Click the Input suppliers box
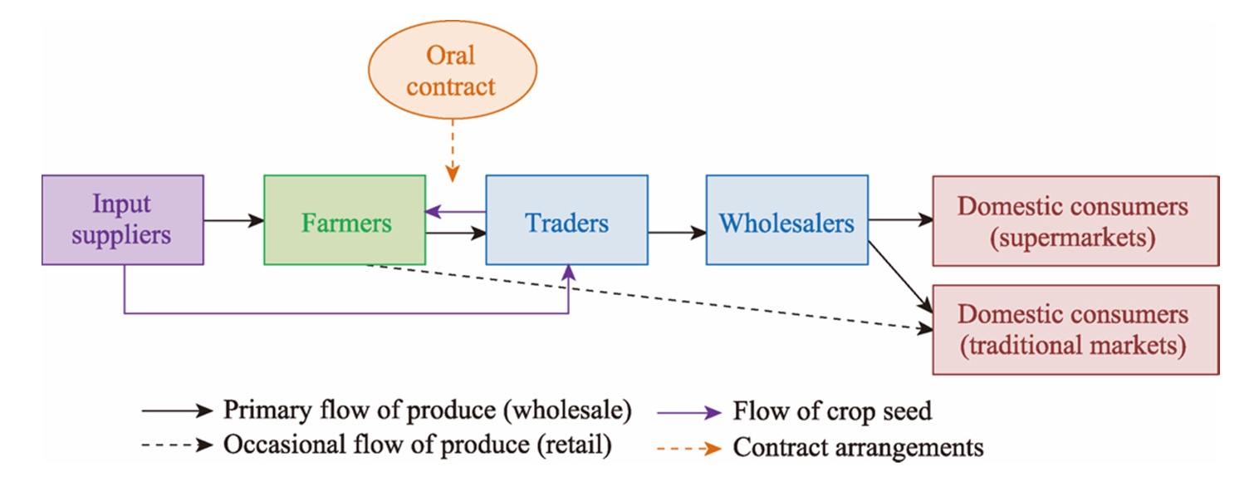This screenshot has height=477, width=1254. pos(122,219)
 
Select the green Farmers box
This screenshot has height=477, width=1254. pos(345,220)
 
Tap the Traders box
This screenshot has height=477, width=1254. pos(566,220)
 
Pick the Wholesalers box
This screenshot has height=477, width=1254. pos(786,220)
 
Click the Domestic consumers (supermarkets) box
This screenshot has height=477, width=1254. pos(1075,220)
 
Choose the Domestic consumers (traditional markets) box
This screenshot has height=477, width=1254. pos(1075,329)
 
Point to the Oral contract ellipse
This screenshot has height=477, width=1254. pos(451,71)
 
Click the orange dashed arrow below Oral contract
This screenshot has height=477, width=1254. pos(452,150)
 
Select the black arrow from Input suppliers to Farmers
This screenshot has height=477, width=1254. pos(233,220)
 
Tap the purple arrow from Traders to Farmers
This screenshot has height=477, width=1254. pos(455,212)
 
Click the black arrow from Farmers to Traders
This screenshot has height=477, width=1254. pos(456,234)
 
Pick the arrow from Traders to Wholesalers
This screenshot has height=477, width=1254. pos(677,234)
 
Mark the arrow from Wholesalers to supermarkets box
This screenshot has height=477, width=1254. pos(900,220)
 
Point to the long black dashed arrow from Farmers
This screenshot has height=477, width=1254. pos(648,297)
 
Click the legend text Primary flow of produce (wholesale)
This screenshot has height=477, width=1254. pos(428,410)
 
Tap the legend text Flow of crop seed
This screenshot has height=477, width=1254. pos(832,411)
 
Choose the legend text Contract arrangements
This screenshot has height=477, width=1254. pos(858,447)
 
